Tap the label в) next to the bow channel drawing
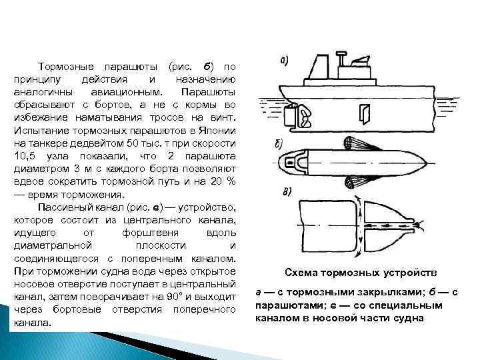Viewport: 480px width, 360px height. click(x=285, y=193)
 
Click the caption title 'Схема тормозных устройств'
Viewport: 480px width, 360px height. click(x=361, y=273)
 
